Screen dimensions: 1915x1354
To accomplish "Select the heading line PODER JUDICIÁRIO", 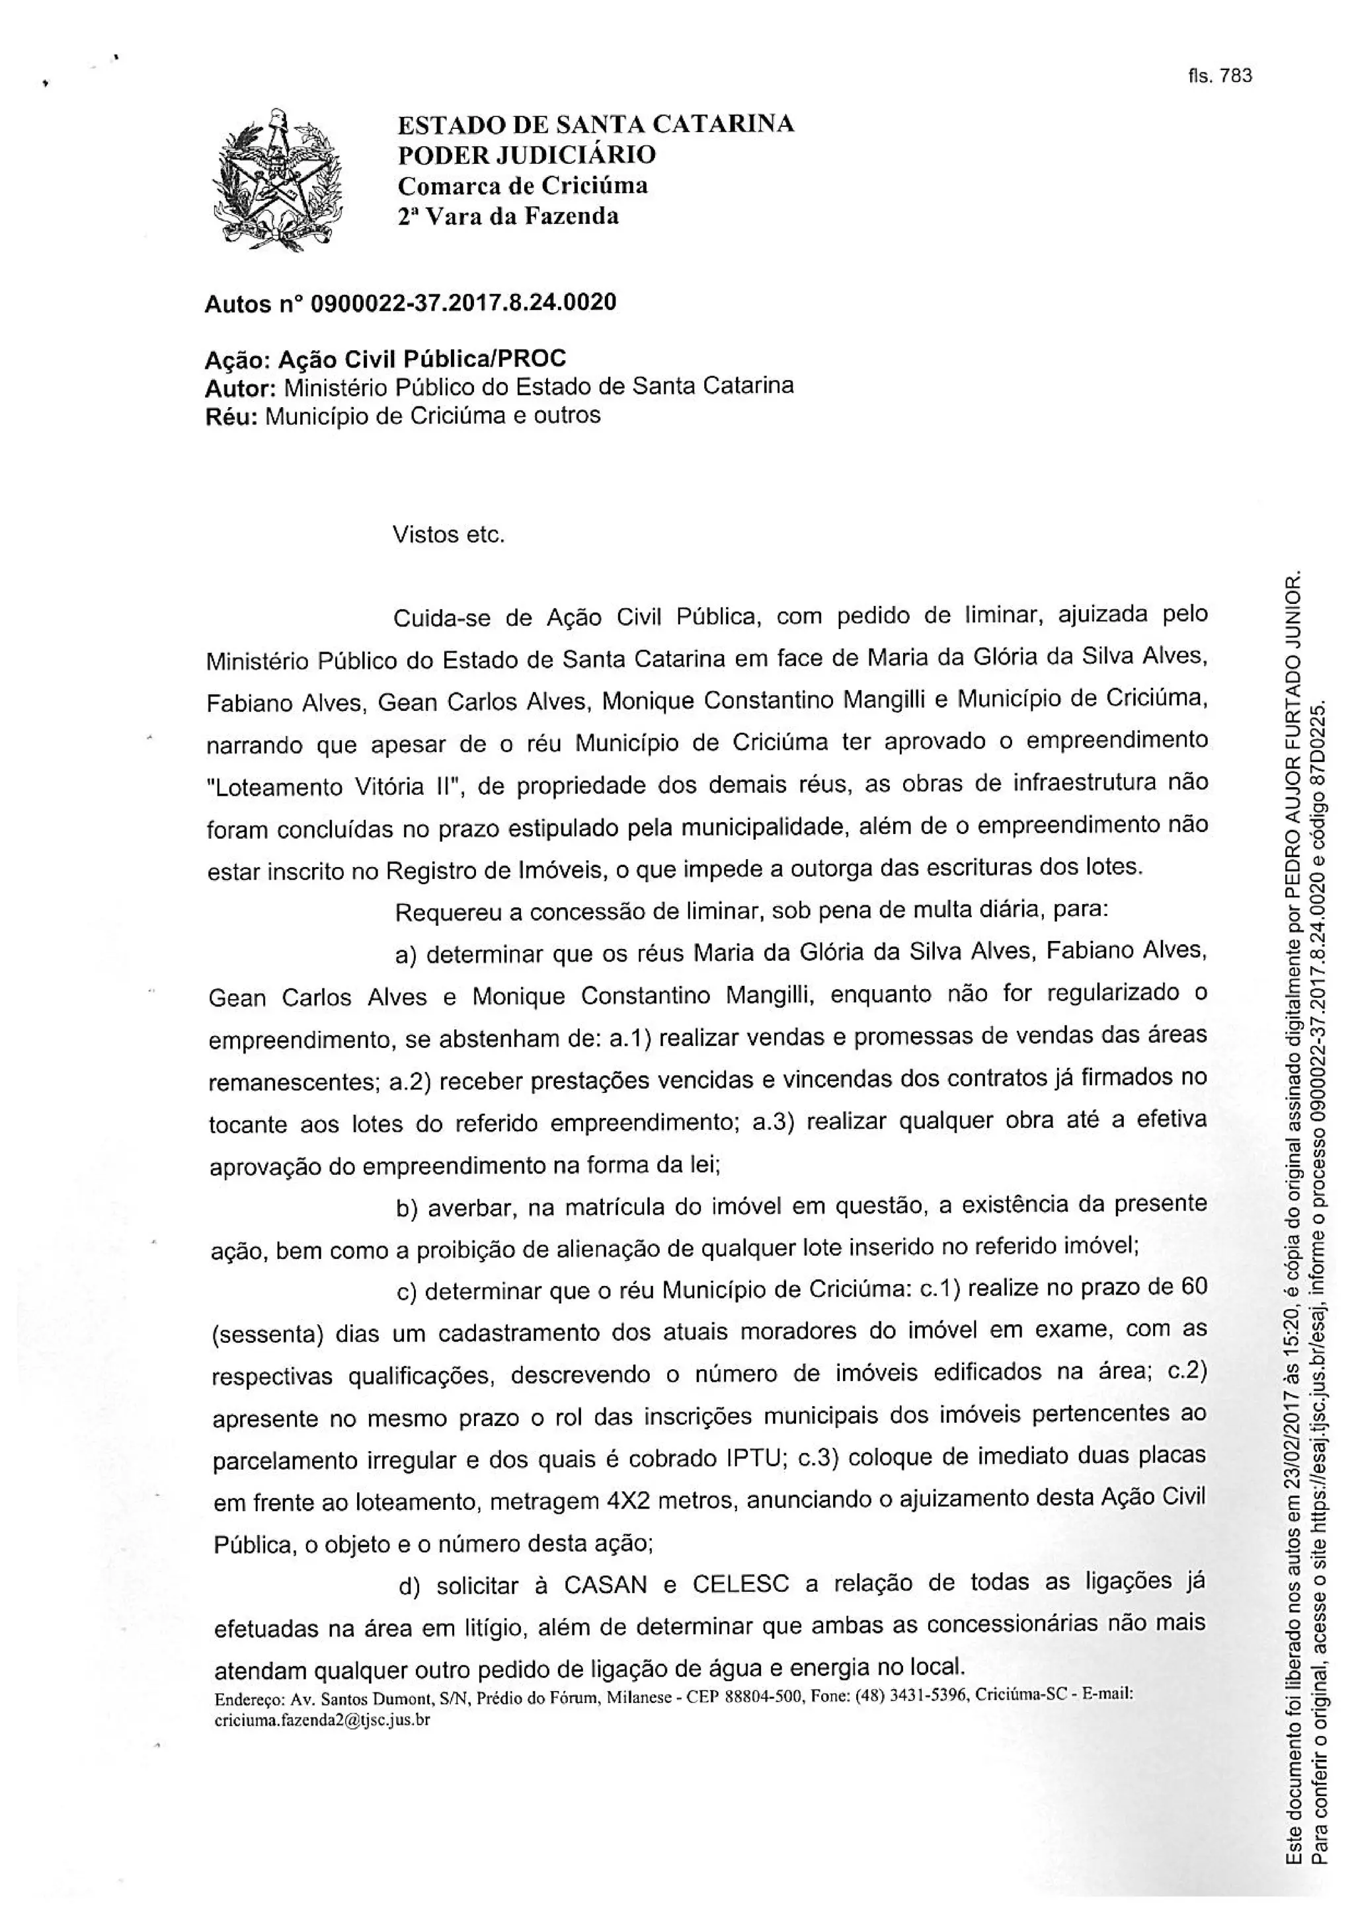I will [526, 155].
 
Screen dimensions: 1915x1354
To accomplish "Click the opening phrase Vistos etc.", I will [449, 534].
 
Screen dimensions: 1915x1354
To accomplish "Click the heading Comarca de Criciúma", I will [522, 185].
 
